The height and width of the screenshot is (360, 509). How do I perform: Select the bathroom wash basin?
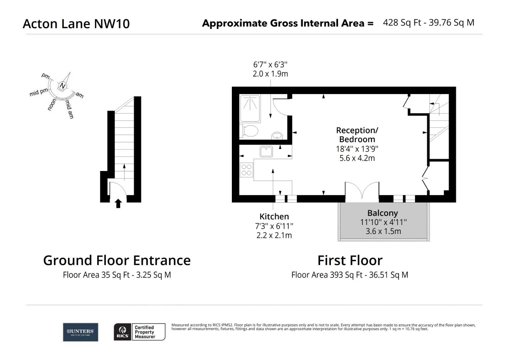click(277, 135)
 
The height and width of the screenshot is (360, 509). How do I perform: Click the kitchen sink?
click(266, 152)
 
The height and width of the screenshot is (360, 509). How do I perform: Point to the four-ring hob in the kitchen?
click(247, 170)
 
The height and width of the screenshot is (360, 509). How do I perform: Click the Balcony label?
click(382, 213)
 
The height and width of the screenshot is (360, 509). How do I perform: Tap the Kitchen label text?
click(274, 217)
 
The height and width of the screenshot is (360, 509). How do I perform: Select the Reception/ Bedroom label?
click(357, 135)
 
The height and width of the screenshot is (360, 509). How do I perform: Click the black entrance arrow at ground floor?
click(118, 203)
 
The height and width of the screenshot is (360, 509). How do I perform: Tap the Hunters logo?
click(80, 332)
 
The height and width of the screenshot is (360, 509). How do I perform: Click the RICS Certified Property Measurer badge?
click(140, 332)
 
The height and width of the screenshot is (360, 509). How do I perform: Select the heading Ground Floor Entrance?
click(117, 260)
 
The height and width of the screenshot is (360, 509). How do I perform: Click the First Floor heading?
click(349, 260)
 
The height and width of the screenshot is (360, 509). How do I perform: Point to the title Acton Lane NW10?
click(76, 24)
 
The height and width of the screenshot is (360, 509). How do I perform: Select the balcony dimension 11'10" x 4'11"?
click(383, 222)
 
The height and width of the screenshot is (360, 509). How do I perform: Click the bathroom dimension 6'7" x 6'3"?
click(270, 64)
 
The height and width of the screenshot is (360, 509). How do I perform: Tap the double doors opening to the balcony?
click(362, 192)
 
